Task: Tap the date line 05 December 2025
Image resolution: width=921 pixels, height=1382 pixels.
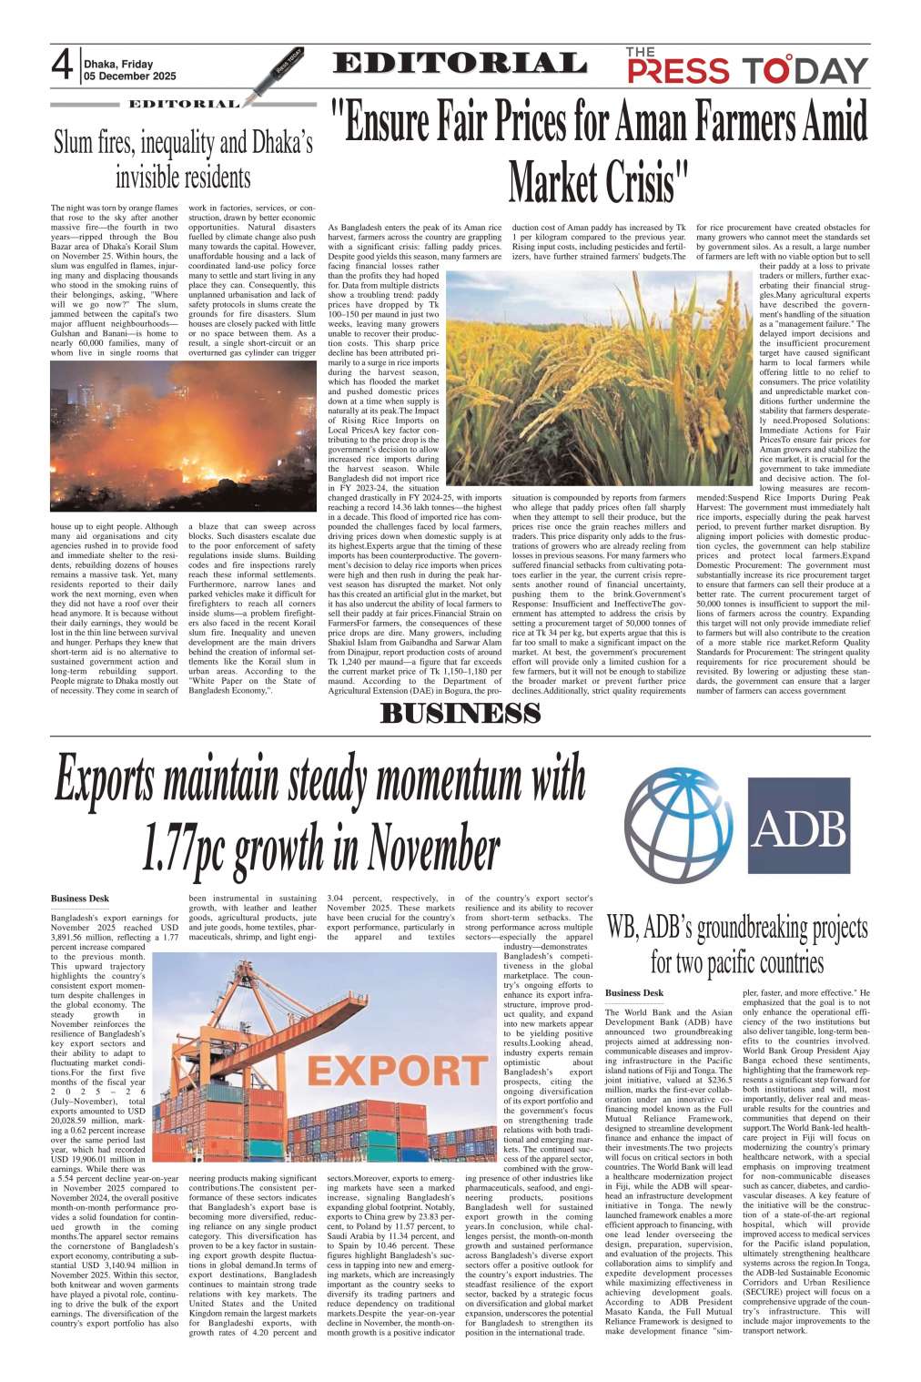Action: [x=129, y=77]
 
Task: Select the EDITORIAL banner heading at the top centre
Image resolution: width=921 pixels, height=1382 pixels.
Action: [x=460, y=64]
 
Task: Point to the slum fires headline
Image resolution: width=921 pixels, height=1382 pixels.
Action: [x=183, y=158]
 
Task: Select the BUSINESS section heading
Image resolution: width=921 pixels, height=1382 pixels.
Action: [x=460, y=713]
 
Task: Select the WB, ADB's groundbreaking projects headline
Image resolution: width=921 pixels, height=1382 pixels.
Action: [x=737, y=944]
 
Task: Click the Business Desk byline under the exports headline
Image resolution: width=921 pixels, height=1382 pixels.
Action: [x=80, y=899]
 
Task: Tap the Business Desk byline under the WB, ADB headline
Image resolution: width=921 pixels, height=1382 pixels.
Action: [x=634, y=992]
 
